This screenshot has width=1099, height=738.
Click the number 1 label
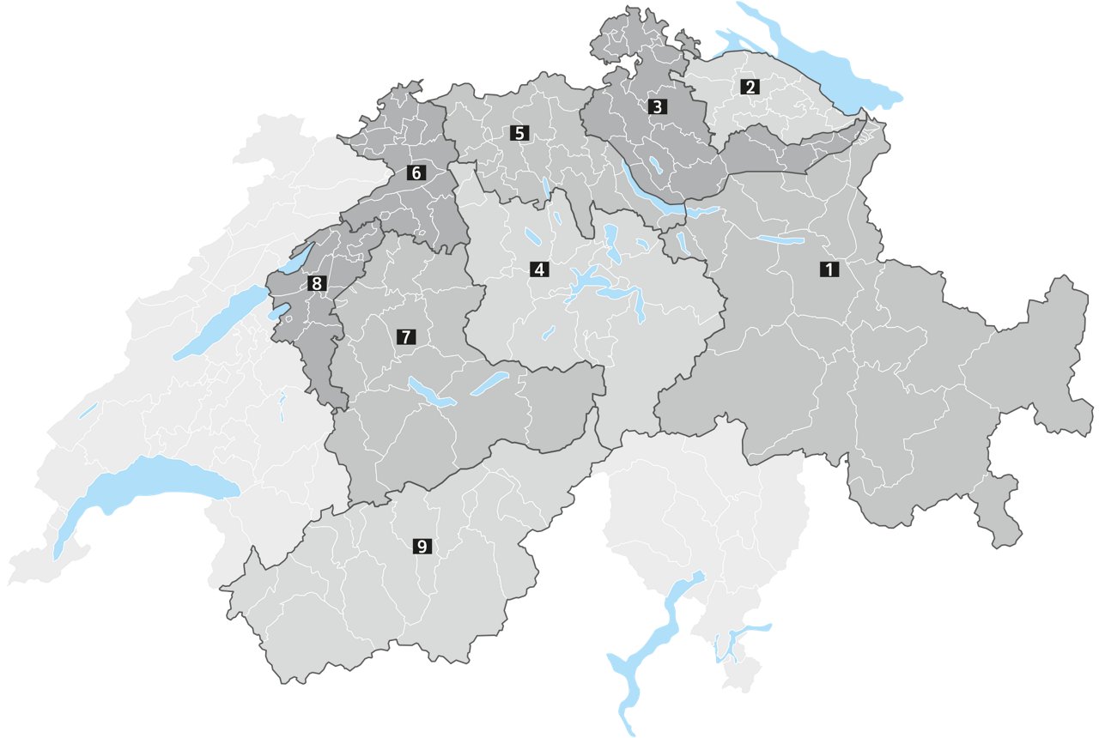(x=829, y=269)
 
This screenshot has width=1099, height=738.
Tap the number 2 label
(x=750, y=87)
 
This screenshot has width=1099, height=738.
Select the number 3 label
(x=657, y=107)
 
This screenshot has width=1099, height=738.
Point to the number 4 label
(x=538, y=269)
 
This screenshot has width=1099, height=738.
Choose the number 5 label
(x=518, y=133)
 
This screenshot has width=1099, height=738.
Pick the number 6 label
(x=416, y=172)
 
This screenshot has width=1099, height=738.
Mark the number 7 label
(x=405, y=337)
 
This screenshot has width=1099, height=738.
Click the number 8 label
(x=317, y=282)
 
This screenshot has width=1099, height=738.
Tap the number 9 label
(x=422, y=546)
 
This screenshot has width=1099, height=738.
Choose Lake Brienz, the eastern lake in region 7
(x=490, y=384)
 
